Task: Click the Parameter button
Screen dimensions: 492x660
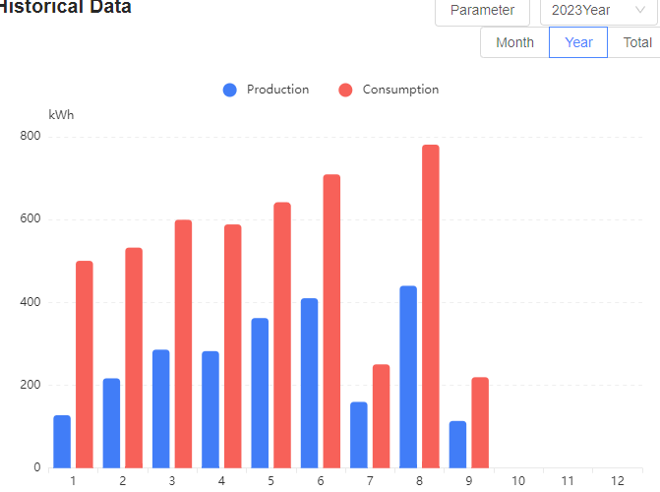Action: coord(482,10)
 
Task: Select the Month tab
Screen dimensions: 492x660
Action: coord(514,42)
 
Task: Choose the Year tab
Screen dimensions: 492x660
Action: coord(578,42)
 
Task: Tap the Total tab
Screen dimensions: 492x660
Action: coord(636,42)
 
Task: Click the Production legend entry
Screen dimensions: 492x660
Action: coord(267,90)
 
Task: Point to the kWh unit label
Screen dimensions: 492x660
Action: coord(61,115)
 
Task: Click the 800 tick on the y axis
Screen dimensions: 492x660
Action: coord(30,136)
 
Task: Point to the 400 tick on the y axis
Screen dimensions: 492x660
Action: coord(30,302)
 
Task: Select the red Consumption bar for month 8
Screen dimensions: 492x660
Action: coord(431,306)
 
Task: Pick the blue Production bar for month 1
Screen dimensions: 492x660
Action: coord(62,442)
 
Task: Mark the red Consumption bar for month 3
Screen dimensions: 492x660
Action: coord(183,343)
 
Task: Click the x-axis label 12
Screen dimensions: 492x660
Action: coord(617,480)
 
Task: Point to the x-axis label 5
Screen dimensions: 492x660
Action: coord(270,480)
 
